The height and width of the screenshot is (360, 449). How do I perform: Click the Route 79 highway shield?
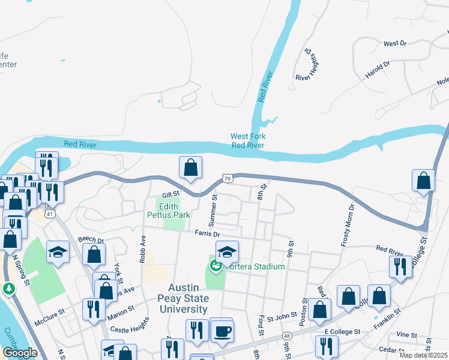tap(227, 178)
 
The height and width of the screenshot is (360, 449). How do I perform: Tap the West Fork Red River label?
tap(248, 140)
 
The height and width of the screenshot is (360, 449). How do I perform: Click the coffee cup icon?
tap(221, 332)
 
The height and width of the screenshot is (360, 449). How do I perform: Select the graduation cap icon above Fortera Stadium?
tap(228, 251)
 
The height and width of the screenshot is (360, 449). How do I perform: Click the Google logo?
tap(20, 353)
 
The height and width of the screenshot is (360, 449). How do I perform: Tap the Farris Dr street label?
tap(207, 234)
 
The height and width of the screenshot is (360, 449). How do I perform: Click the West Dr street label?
tap(395, 44)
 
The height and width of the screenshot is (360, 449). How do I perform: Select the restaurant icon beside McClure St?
tap(92, 310)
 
